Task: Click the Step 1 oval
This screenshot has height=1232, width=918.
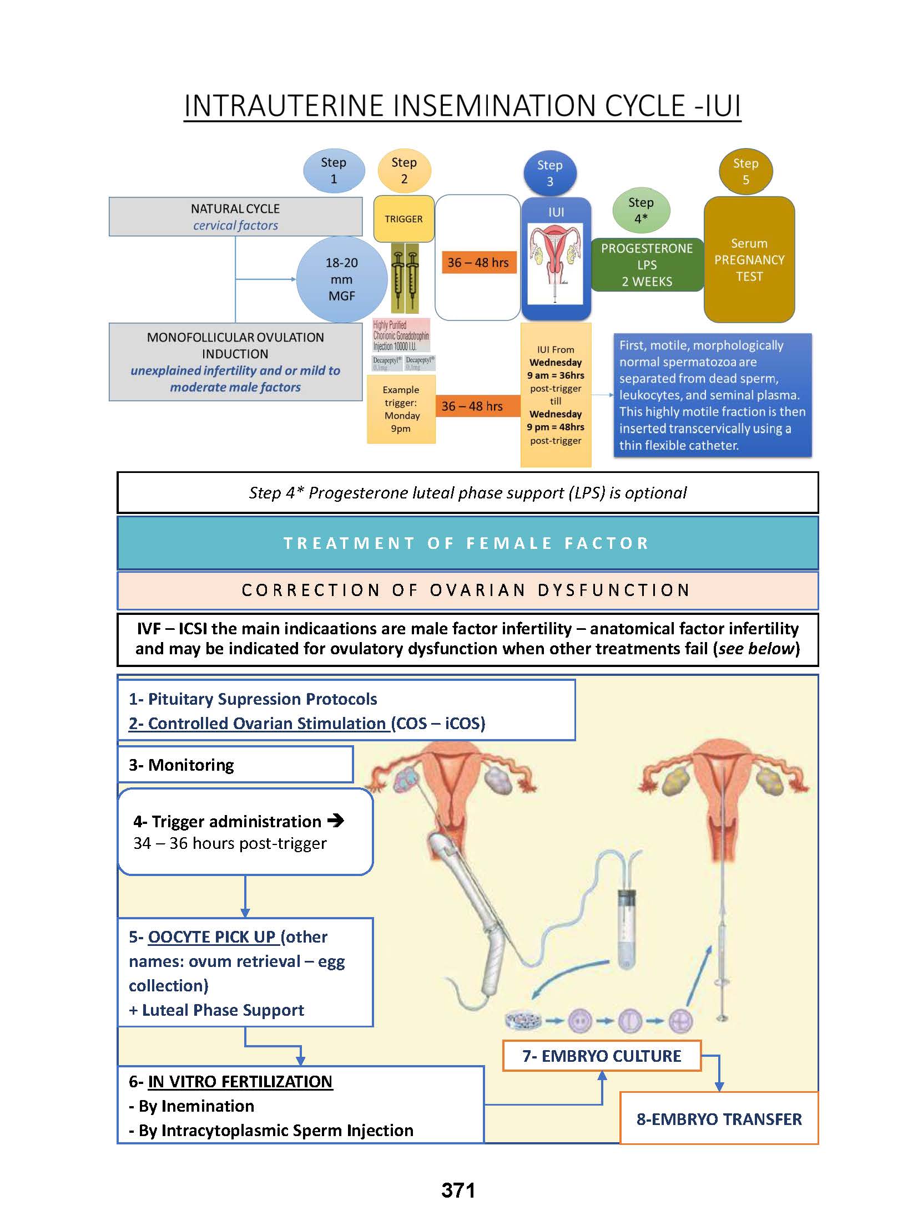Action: click(334, 170)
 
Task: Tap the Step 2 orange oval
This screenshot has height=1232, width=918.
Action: click(404, 170)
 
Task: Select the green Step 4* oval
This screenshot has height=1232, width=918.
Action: click(640, 211)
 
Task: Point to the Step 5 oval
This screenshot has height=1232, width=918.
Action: click(745, 171)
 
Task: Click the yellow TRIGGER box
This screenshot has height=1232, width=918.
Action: click(403, 219)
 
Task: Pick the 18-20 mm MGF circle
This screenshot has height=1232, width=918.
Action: click(341, 279)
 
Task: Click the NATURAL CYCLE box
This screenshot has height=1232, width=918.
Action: click(235, 217)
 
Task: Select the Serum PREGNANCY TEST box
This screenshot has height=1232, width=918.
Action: click(749, 259)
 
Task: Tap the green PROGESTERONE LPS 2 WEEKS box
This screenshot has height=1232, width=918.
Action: click(646, 265)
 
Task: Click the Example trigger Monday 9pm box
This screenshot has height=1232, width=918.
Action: click(401, 409)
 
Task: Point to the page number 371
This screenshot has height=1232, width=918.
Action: click(458, 1190)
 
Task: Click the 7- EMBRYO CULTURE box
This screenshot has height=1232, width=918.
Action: click(601, 1056)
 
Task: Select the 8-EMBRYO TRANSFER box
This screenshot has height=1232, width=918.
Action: click(719, 1119)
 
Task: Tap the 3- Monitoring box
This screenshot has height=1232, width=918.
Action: click(235, 765)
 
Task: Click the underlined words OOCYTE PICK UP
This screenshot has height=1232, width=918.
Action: click(211, 937)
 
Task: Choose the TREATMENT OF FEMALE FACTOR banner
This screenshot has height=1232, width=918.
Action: click(467, 543)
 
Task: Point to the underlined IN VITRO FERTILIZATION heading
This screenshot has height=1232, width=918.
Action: click(240, 1082)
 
